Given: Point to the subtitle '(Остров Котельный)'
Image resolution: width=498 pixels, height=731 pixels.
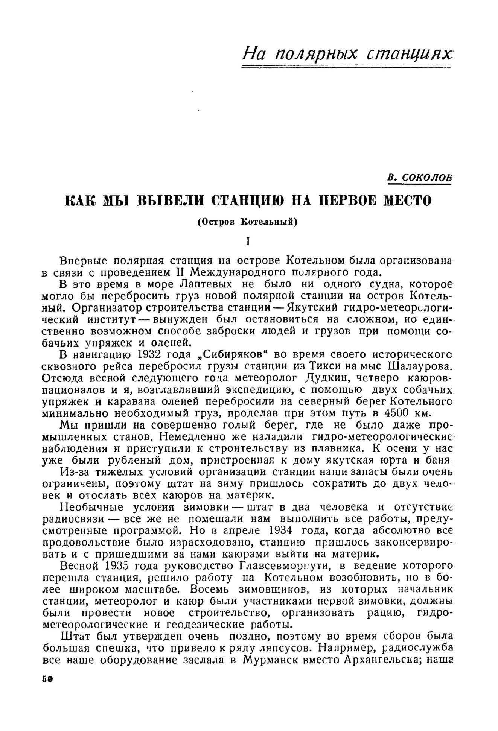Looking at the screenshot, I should click(x=247, y=222).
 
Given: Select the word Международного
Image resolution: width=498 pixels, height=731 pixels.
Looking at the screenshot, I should click(x=236, y=272).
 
